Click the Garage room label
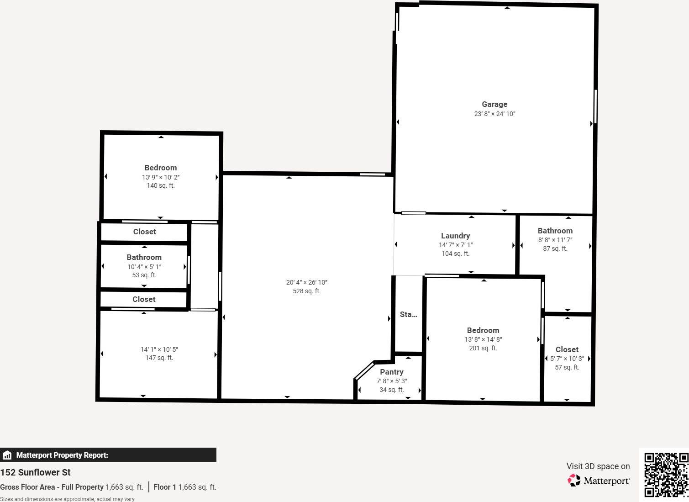[x=494, y=104]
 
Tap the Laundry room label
[x=455, y=236]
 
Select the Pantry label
[x=392, y=372]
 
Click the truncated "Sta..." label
[x=408, y=314]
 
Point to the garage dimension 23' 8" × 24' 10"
[x=494, y=114]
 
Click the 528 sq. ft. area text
[x=306, y=291]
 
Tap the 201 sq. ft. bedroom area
[x=483, y=348]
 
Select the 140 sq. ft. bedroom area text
[x=160, y=185]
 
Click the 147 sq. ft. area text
[x=159, y=358]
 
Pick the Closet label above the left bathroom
[x=144, y=232]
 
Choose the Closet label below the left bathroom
[x=144, y=299]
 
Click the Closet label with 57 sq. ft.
[x=567, y=349]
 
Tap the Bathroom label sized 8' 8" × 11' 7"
[x=555, y=231]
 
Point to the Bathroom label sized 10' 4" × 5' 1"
[x=144, y=257]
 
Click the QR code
[x=666, y=475]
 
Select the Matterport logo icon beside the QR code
[x=574, y=480]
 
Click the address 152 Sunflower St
[x=36, y=472]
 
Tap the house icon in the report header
[x=7, y=455]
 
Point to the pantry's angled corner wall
[x=364, y=370]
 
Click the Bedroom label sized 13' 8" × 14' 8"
[x=483, y=330]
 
